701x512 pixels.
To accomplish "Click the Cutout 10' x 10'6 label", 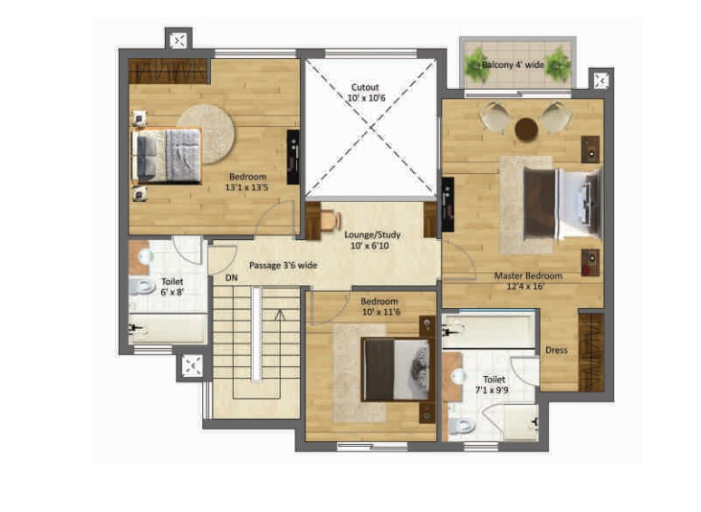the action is (x=366, y=92).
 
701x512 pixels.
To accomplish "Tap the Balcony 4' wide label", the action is (x=513, y=65).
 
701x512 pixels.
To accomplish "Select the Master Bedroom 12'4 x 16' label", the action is (x=528, y=281).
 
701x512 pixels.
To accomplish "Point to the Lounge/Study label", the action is (x=372, y=235).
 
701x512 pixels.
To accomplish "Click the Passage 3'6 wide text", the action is (x=283, y=266).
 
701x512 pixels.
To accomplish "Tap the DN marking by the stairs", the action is (x=232, y=277).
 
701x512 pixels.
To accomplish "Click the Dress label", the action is (x=557, y=350).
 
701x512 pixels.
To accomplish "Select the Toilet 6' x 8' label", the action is (x=172, y=286).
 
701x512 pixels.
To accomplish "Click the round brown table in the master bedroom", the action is (x=526, y=130).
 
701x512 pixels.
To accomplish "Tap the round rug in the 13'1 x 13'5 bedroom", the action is (x=206, y=134).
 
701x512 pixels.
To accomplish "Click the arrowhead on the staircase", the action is (x=281, y=314).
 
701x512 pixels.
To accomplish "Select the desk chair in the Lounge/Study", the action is (x=331, y=221).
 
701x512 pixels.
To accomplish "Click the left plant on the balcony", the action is (x=476, y=66).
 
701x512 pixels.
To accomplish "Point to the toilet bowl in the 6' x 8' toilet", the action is (x=141, y=286).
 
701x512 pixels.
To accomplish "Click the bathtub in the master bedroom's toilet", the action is (x=488, y=330).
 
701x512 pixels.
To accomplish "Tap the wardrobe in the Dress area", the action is (x=591, y=353).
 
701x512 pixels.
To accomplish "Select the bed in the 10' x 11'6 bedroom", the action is (x=397, y=370).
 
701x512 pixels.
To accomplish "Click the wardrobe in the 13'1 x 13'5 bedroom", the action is (x=168, y=71).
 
